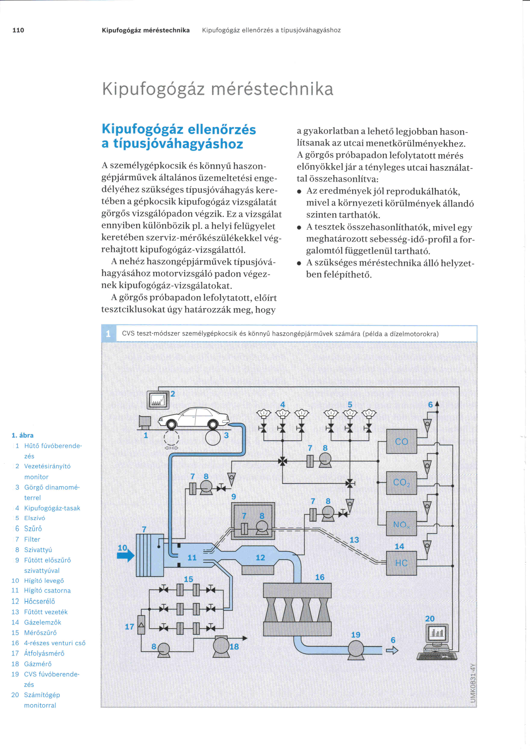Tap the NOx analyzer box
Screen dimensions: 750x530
401,523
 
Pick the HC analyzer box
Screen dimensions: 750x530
401,563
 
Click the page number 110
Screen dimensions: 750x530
18,30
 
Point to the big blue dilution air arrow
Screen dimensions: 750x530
126,555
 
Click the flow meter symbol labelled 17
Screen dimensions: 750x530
141,625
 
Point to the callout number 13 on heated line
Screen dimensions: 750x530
354,540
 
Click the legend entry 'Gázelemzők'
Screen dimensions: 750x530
43,622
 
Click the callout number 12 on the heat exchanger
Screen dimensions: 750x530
260,558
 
